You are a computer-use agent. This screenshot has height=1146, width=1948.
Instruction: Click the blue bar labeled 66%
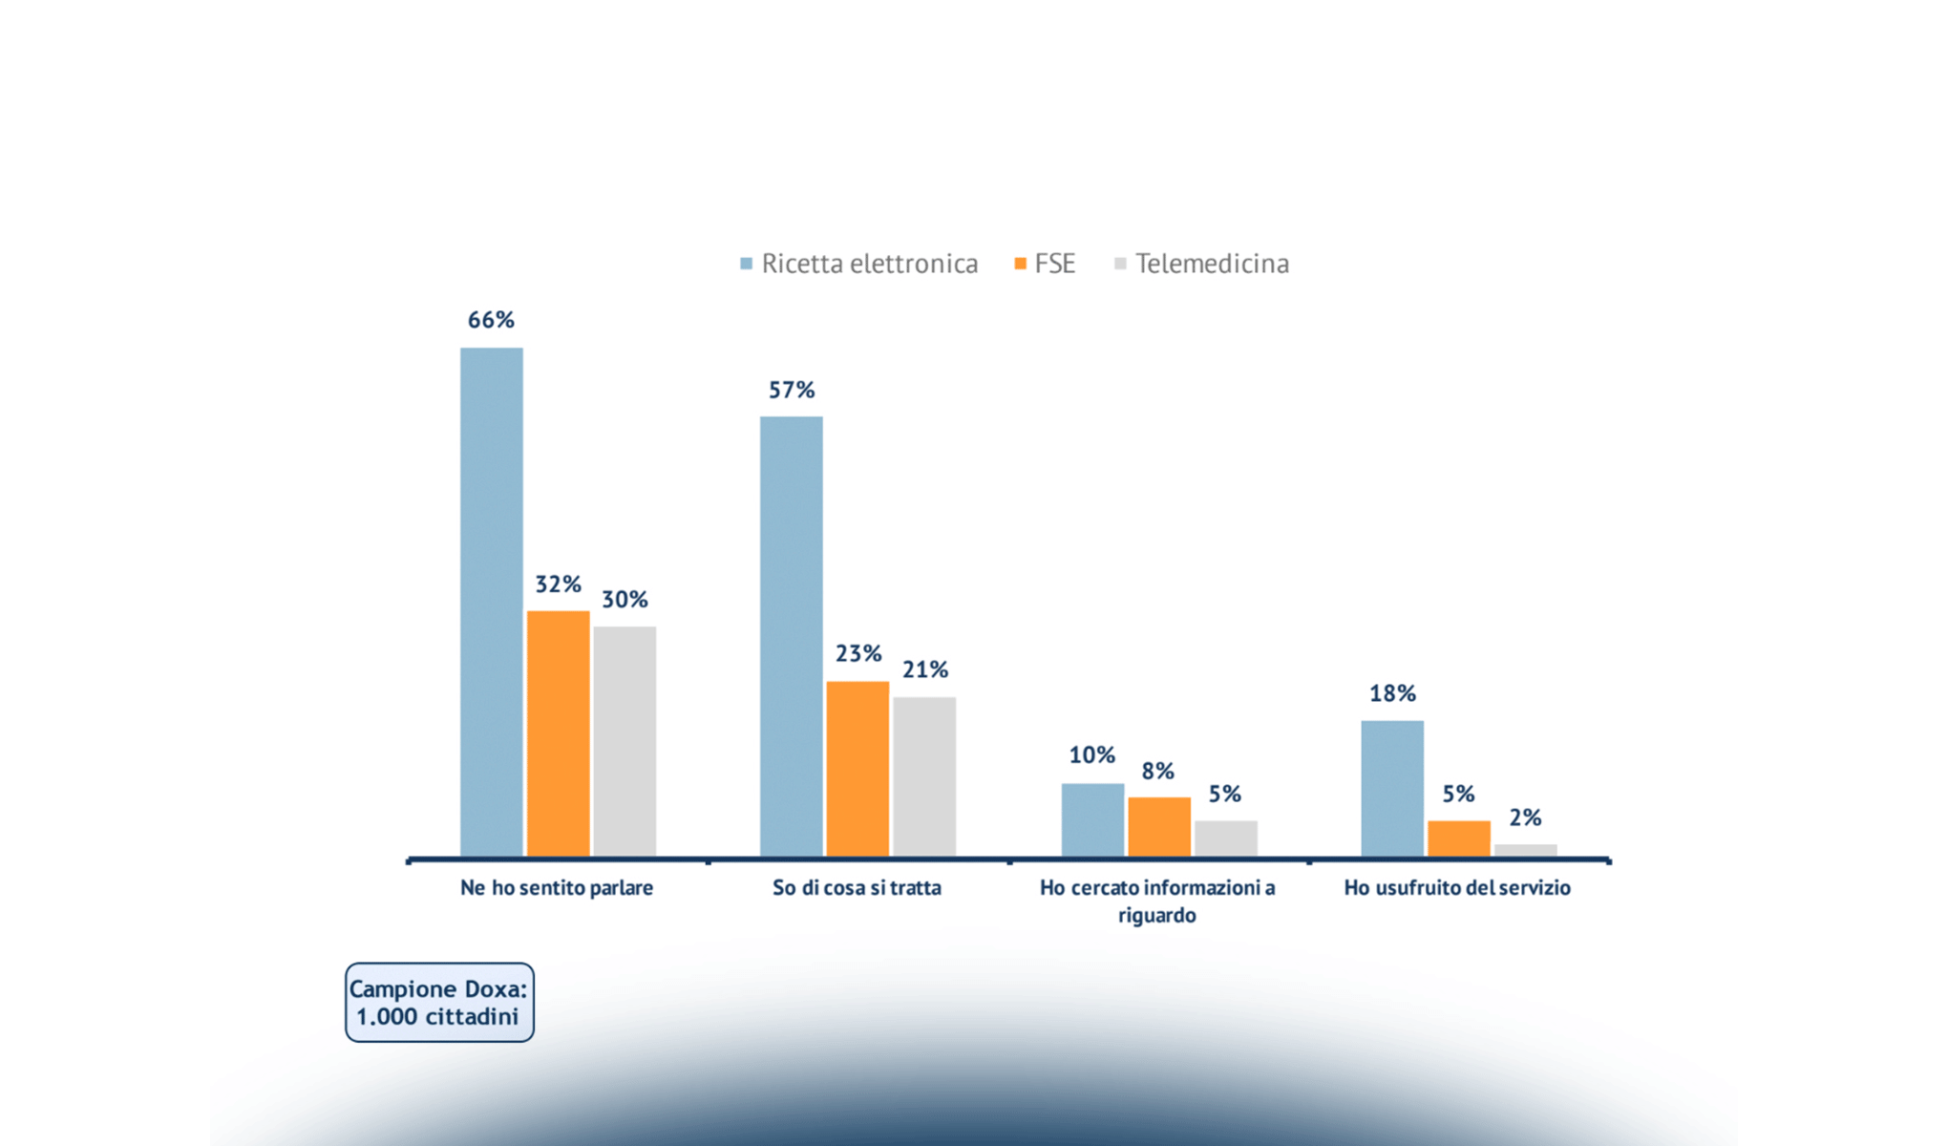(491, 602)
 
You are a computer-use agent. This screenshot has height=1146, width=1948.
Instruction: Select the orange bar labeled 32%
(558, 733)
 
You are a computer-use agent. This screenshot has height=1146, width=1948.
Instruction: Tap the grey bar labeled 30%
(625, 741)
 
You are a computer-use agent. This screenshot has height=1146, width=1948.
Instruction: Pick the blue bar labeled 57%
(791, 636)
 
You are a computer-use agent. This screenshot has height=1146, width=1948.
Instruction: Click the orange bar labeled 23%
(858, 769)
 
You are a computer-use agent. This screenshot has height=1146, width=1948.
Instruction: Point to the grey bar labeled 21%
(924, 776)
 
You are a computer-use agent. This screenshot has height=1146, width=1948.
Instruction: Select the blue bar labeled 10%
(1092, 819)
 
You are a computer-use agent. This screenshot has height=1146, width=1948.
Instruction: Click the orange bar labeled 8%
(1159, 827)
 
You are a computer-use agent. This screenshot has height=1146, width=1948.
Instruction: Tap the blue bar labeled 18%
(1392, 789)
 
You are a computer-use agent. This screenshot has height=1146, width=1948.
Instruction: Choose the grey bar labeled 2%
(1525, 850)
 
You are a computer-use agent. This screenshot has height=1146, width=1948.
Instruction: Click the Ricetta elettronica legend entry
(859, 264)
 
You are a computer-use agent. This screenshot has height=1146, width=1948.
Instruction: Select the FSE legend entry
(1045, 264)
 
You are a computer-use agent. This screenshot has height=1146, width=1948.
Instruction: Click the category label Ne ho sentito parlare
(557, 888)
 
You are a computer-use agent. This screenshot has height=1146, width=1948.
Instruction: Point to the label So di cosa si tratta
(857, 888)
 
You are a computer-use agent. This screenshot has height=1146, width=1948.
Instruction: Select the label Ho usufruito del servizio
(1457, 888)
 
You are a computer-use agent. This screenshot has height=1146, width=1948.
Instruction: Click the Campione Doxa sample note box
(439, 1003)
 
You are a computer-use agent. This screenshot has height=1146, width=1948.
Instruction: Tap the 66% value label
(491, 320)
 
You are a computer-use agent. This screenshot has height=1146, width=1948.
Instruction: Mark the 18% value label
(1392, 693)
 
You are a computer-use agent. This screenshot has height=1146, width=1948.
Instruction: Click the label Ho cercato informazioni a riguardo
(1157, 901)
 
